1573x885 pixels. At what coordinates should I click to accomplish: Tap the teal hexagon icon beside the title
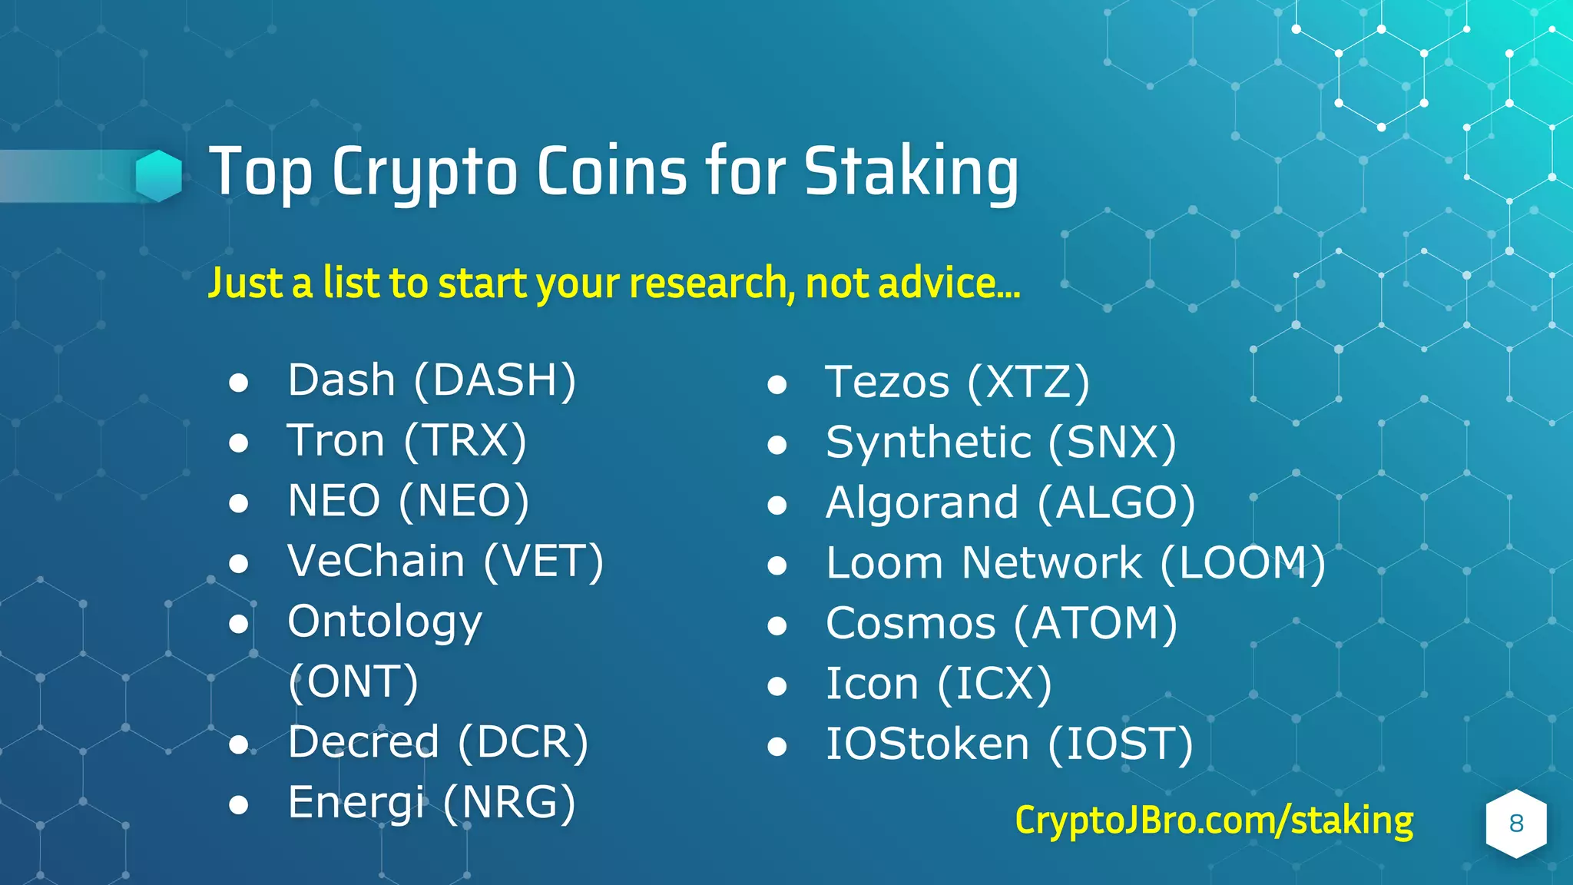(x=159, y=175)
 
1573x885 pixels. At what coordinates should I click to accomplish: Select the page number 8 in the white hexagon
(x=1515, y=824)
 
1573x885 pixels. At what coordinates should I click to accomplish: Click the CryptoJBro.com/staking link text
(x=1214, y=821)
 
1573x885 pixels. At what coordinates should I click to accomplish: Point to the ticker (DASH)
(x=495, y=381)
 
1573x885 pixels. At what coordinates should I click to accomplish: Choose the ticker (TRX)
(x=465, y=442)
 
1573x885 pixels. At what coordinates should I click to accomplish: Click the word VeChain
(x=376, y=561)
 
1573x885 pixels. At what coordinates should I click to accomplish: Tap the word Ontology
(x=385, y=622)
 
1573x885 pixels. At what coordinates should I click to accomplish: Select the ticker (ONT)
(x=353, y=682)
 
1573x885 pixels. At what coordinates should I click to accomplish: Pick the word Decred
(x=363, y=742)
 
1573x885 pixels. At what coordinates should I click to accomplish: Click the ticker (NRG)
(x=509, y=803)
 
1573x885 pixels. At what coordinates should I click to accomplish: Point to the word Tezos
(x=887, y=383)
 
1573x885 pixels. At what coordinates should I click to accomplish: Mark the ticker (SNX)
(x=1112, y=443)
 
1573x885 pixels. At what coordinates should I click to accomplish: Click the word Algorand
(x=922, y=503)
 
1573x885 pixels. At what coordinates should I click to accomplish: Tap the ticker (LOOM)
(x=1243, y=564)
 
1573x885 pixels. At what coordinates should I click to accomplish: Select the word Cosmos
(x=911, y=624)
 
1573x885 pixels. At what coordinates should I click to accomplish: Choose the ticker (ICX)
(x=995, y=684)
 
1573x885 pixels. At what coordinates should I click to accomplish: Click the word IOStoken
(x=927, y=744)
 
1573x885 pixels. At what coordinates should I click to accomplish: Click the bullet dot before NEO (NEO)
(x=239, y=503)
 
